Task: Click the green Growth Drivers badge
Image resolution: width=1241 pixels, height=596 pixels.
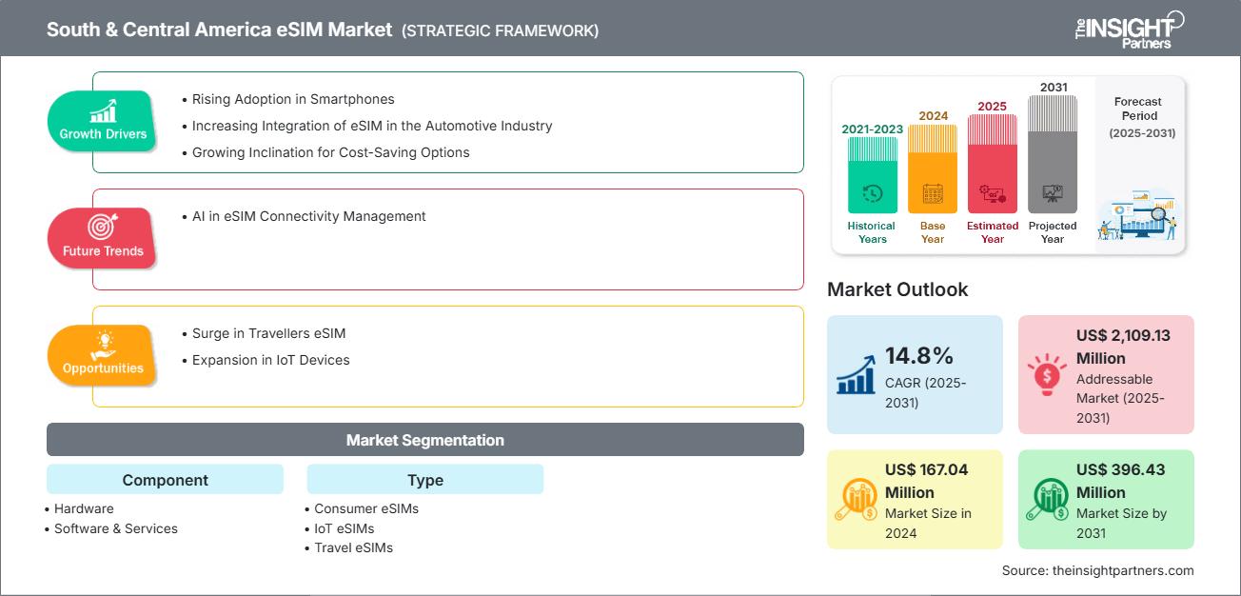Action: point(102,121)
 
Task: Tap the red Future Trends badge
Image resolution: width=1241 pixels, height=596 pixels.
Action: point(102,238)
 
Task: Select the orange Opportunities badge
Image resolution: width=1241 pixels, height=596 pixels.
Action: point(102,355)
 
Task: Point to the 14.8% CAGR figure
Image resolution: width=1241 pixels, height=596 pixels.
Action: point(918,356)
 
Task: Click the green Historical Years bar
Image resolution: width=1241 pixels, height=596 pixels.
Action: point(872,174)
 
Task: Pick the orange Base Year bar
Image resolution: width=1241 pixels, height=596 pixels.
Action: point(933,169)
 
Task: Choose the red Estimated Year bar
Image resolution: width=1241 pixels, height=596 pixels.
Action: point(993,164)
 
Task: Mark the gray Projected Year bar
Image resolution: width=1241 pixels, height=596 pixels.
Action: point(1052,154)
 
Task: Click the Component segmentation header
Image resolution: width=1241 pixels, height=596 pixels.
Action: point(165,480)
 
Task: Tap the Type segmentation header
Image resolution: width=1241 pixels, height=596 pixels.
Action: point(425,480)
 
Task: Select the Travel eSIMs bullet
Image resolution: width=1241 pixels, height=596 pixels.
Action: point(349,547)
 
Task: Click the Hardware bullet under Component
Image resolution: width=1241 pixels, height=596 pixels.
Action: point(80,508)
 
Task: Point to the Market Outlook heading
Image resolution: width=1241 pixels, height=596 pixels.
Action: point(897,289)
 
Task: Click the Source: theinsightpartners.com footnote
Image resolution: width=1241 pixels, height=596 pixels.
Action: point(1097,570)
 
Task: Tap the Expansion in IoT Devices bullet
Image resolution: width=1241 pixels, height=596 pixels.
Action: point(266,360)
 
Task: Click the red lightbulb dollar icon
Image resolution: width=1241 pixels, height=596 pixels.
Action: point(1047,374)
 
